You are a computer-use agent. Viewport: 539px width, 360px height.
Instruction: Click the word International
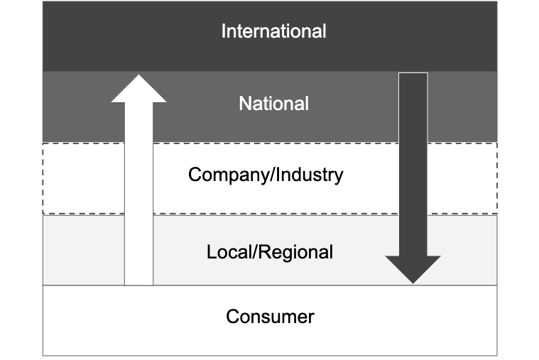click(273, 32)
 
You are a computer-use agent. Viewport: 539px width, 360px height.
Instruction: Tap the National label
click(273, 104)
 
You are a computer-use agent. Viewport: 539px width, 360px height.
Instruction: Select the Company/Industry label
click(266, 175)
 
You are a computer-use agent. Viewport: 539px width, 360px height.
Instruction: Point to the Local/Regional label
click(270, 251)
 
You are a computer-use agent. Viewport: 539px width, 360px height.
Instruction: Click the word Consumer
click(270, 316)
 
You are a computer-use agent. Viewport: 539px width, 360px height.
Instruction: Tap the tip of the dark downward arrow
click(413, 281)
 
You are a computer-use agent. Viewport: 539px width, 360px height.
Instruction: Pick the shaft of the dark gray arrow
click(413, 163)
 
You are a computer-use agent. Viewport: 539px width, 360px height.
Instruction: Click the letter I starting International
click(224, 32)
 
